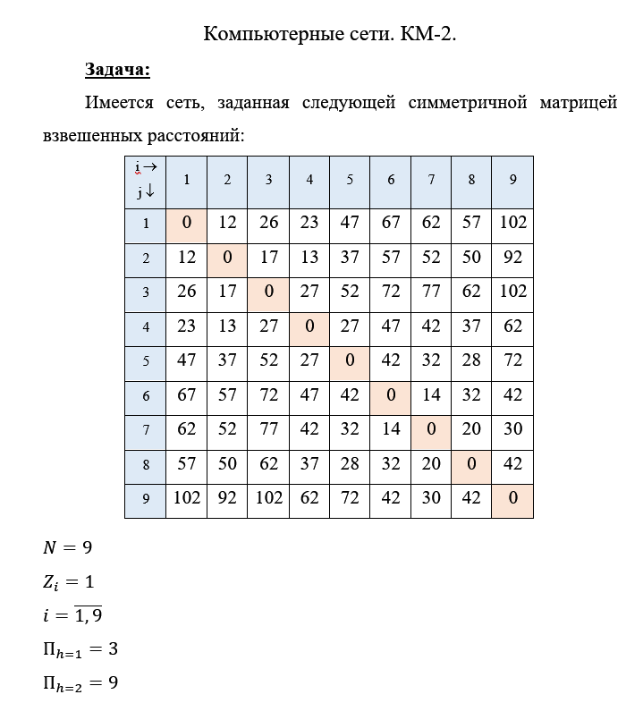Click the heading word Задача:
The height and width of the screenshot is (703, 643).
pyautogui.click(x=117, y=69)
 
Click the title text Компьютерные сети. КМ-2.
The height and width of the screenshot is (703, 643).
pyautogui.click(x=330, y=34)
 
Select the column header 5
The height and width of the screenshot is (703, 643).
pyautogui.click(x=350, y=180)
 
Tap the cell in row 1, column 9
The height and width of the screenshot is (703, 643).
pyautogui.click(x=512, y=223)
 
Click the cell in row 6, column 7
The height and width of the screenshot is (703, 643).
pyautogui.click(x=431, y=395)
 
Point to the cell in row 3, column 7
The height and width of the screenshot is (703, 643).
pyautogui.click(x=431, y=292)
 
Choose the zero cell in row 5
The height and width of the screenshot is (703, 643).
pyautogui.click(x=350, y=361)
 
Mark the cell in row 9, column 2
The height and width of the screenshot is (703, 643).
pyautogui.click(x=227, y=498)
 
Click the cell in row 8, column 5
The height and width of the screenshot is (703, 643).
pyautogui.click(x=350, y=464)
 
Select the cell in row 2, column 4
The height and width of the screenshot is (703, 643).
pyautogui.click(x=309, y=258)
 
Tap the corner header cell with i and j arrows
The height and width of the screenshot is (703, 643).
pyautogui.click(x=146, y=180)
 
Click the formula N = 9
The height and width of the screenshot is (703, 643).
pyautogui.click(x=68, y=547)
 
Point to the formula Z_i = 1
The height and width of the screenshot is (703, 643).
pyautogui.click(x=68, y=581)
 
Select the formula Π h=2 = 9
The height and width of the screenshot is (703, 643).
pyautogui.click(x=80, y=683)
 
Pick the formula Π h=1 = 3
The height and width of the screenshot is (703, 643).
pyautogui.click(x=80, y=649)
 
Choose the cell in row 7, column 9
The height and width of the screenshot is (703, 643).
pyautogui.click(x=512, y=430)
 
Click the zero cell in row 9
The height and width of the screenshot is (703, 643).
pyautogui.click(x=512, y=498)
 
